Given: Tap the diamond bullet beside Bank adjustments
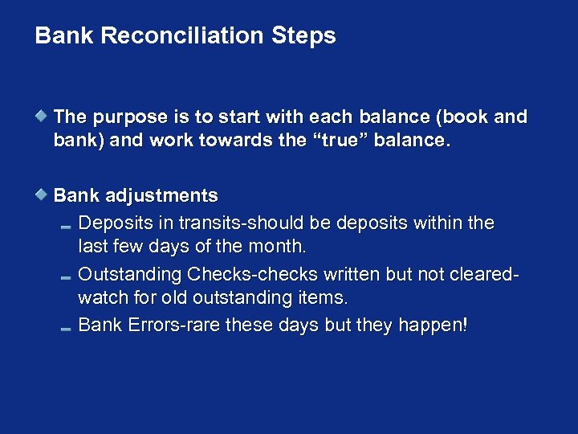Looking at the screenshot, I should click(x=42, y=194).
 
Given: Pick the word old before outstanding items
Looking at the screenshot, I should click(x=176, y=297).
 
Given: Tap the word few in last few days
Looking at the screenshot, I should click(x=126, y=246).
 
